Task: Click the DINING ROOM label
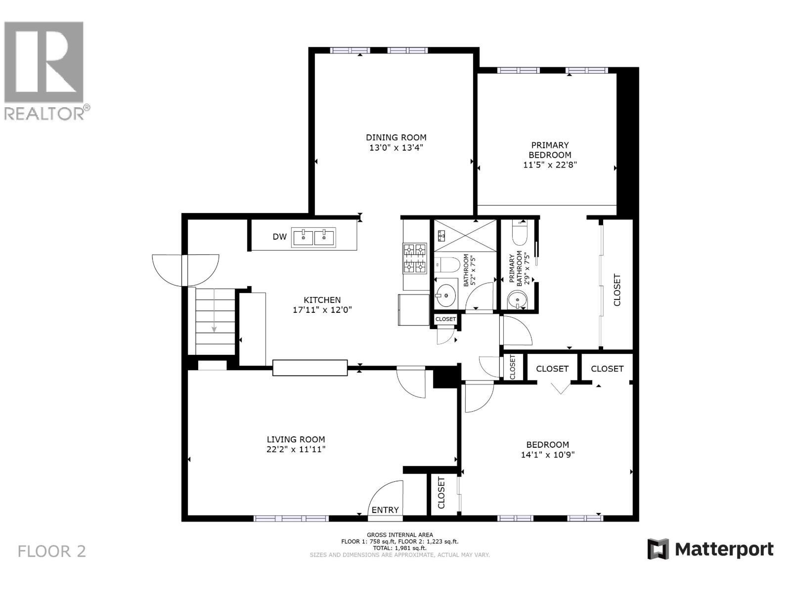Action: [x=396, y=137]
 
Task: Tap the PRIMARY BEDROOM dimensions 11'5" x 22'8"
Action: [x=550, y=165]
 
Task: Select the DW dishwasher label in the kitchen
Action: [x=279, y=237]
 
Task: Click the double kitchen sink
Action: [x=313, y=237]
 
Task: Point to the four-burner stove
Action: [x=415, y=258]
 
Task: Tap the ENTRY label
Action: [x=385, y=510]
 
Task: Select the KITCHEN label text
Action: [x=322, y=300]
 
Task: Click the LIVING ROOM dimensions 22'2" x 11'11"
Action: [x=296, y=449]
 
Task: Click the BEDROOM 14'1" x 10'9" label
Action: [x=547, y=449]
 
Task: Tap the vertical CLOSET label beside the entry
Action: [x=441, y=493]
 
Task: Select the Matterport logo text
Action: [x=724, y=549]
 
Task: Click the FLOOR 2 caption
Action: [x=52, y=551]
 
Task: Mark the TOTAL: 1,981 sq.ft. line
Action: [x=399, y=548]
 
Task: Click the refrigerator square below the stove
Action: [x=414, y=310]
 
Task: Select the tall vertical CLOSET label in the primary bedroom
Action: [x=617, y=290]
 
